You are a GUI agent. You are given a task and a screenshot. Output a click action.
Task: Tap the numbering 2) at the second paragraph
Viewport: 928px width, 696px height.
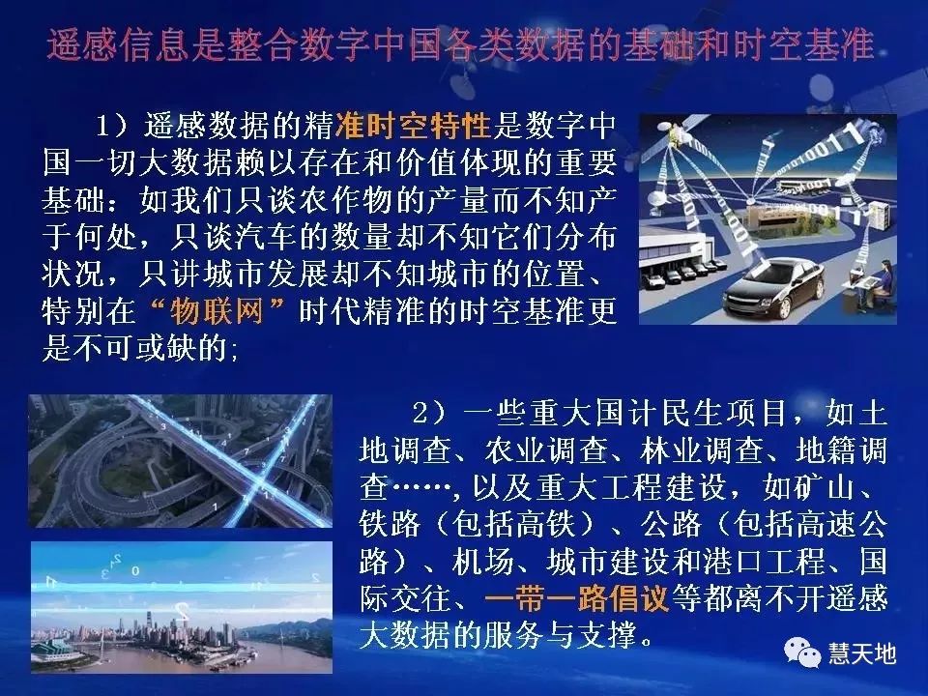click(x=431, y=415)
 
